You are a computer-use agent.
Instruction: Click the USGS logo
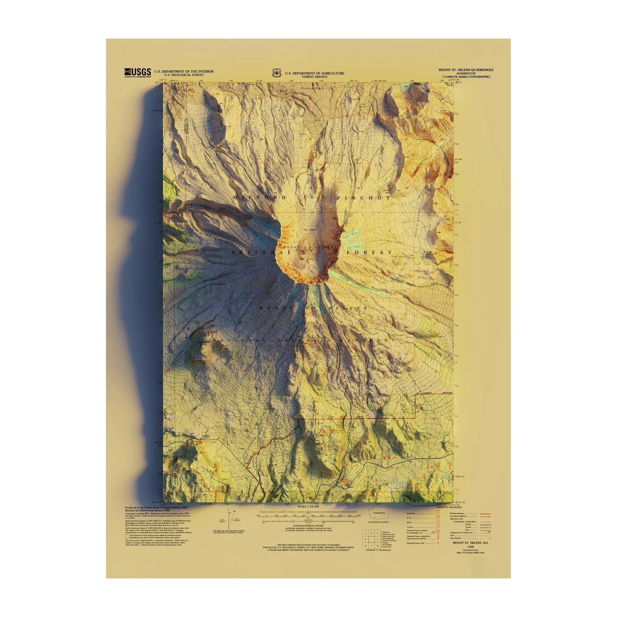tap(137, 73)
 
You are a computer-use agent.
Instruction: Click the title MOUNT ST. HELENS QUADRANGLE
tap(466, 70)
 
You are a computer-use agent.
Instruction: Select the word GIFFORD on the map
tap(260, 198)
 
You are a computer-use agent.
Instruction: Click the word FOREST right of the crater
tap(369, 252)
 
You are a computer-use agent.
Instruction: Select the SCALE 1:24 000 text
tap(308, 516)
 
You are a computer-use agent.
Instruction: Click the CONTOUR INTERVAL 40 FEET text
tap(308, 534)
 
